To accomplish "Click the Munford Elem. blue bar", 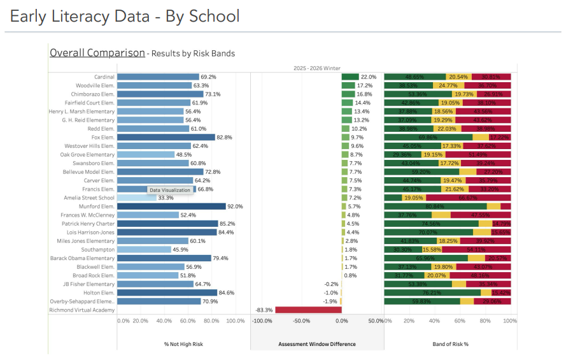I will [x=171, y=206].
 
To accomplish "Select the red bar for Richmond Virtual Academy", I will [x=299, y=310].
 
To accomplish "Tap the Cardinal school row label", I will [x=104, y=77].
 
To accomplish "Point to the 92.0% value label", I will [x=236, y=206].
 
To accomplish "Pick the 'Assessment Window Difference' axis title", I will [x=316, y=344].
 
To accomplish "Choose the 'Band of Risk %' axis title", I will [x=450, y=344].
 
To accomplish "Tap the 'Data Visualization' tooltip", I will [x=170, y=190].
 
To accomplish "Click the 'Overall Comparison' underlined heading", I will [x=97, y=53].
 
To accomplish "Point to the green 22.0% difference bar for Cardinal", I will [x=350, y=77].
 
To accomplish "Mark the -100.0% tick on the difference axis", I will [x=262, y=320].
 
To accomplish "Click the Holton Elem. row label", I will [x=100, y=292].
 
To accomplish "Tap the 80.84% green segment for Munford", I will [x=435, y=206].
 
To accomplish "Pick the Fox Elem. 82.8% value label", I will [x=224, y=137].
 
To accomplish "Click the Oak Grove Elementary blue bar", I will [x=146, y=155].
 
